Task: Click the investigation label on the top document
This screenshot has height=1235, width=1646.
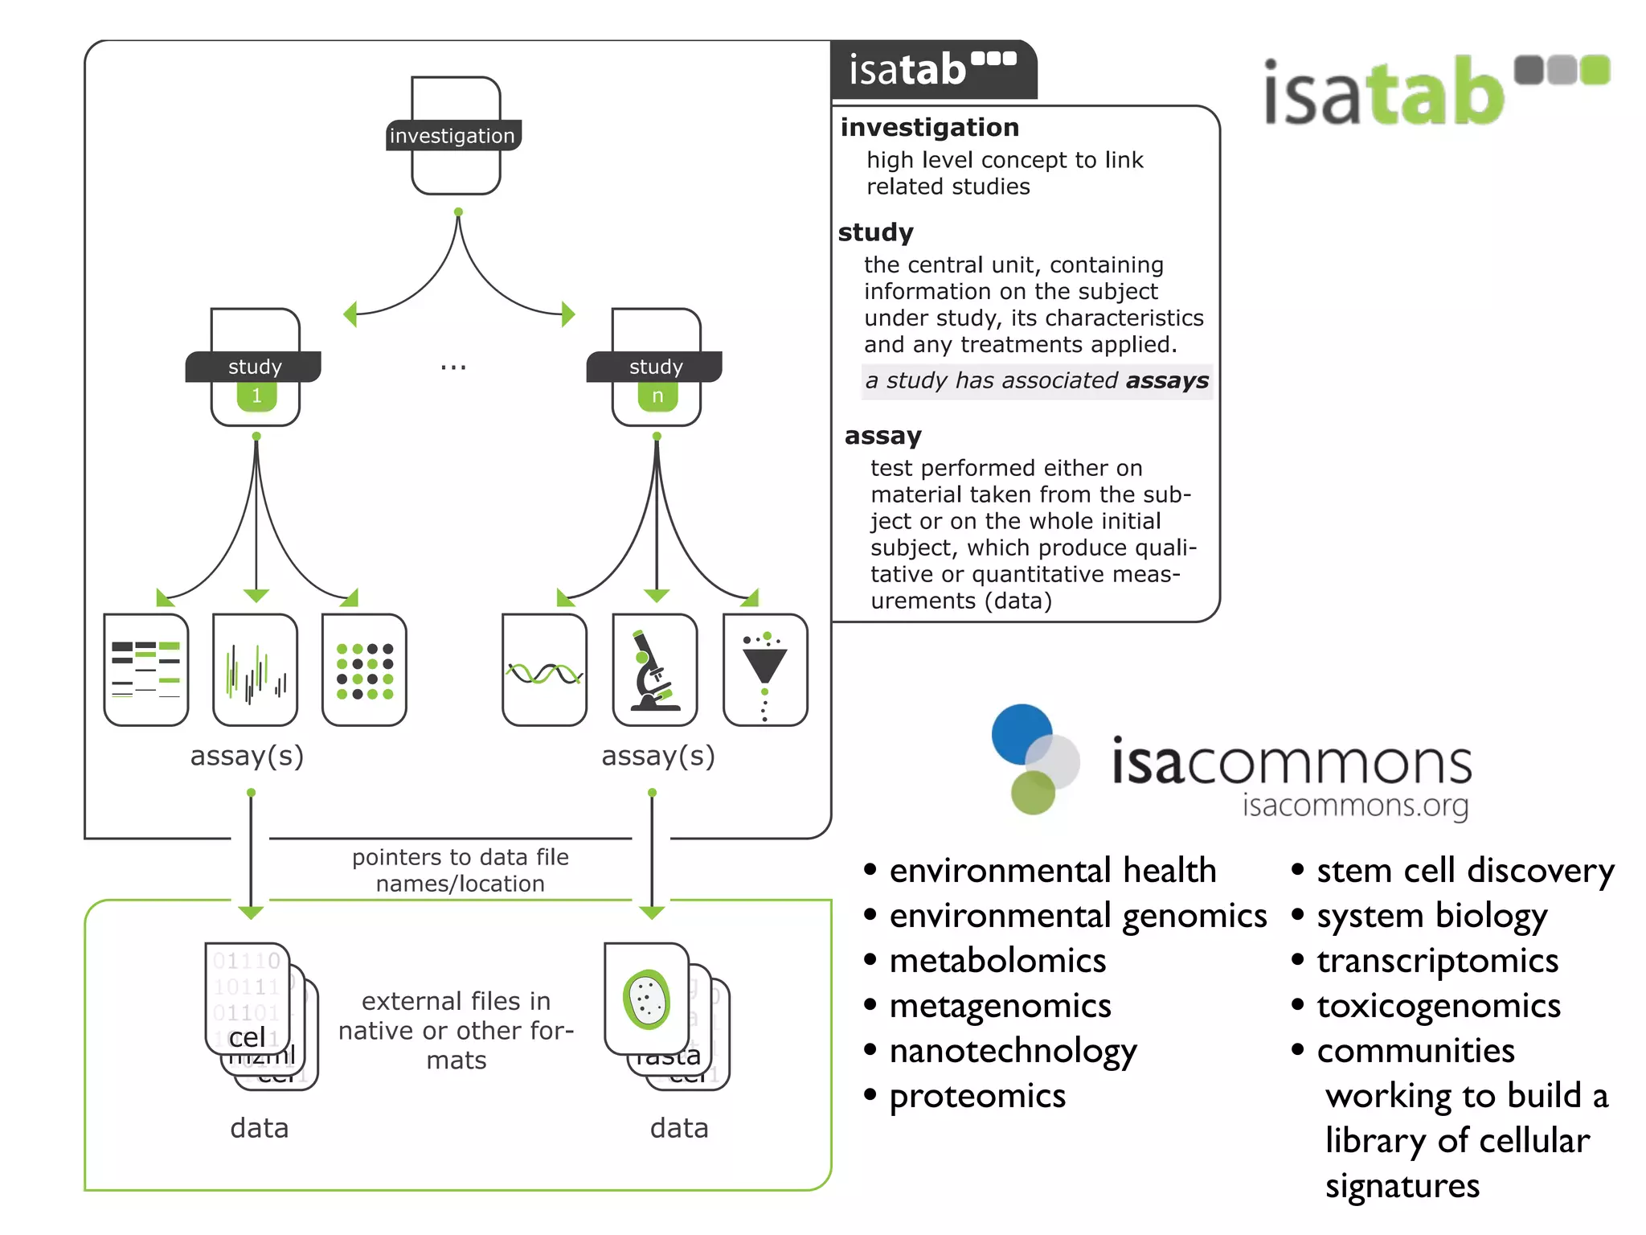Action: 453,136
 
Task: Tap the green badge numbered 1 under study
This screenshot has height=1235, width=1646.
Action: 256,396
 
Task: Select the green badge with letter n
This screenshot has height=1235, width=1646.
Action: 657,396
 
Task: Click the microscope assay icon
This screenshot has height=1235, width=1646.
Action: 655,671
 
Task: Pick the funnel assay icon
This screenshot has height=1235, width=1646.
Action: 764,671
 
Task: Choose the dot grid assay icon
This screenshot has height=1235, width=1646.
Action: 364,671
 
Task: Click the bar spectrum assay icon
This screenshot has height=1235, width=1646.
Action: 256,671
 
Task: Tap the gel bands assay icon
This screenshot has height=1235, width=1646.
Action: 146,671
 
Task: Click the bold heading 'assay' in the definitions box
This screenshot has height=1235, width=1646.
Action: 882,436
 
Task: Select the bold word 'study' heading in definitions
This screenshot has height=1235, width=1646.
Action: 875,232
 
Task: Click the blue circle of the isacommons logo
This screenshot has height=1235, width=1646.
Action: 1021,733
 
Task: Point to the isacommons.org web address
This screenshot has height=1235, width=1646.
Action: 1355,805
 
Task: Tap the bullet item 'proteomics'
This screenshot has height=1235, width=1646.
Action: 977,1096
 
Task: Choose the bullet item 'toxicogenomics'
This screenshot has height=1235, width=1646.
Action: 1439,1006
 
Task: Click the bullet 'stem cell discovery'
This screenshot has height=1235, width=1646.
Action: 1464,871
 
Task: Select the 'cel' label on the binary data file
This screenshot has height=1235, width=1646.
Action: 247,1037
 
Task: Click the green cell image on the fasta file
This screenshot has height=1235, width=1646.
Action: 647,999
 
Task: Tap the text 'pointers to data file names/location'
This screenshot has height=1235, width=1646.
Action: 460,870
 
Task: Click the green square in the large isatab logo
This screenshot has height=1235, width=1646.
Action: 1595,70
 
